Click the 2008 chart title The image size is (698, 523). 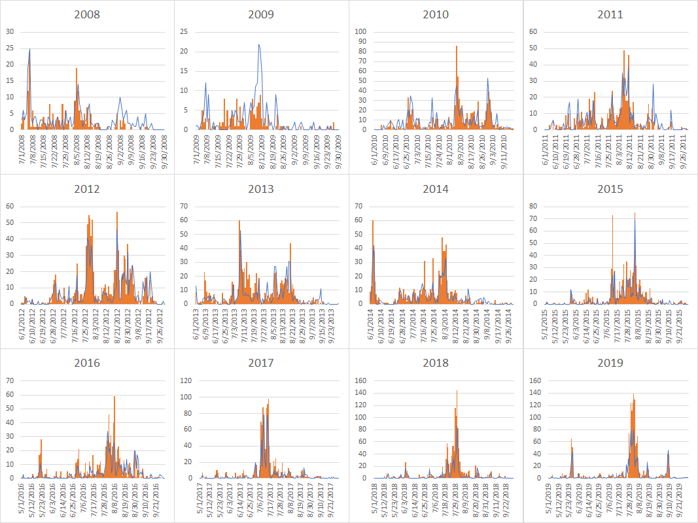click(x=87, y=14)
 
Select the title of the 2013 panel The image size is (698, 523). click(x=261, y=189)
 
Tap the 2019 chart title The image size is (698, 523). click(x=610, y=363)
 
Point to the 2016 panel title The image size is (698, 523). click(x=87, y=363)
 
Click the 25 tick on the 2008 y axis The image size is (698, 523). click(x=10, y=48)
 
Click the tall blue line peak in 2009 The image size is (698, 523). click(x=259, y=44)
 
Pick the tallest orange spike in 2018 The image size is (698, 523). click(x=457, y=391)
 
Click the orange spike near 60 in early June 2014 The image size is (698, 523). click(x=373, y=220)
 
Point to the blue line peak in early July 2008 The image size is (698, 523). click(x=29, y=49)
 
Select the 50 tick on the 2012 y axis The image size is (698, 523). click(x=10, y=222)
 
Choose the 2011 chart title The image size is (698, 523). click(x=610, y=14)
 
